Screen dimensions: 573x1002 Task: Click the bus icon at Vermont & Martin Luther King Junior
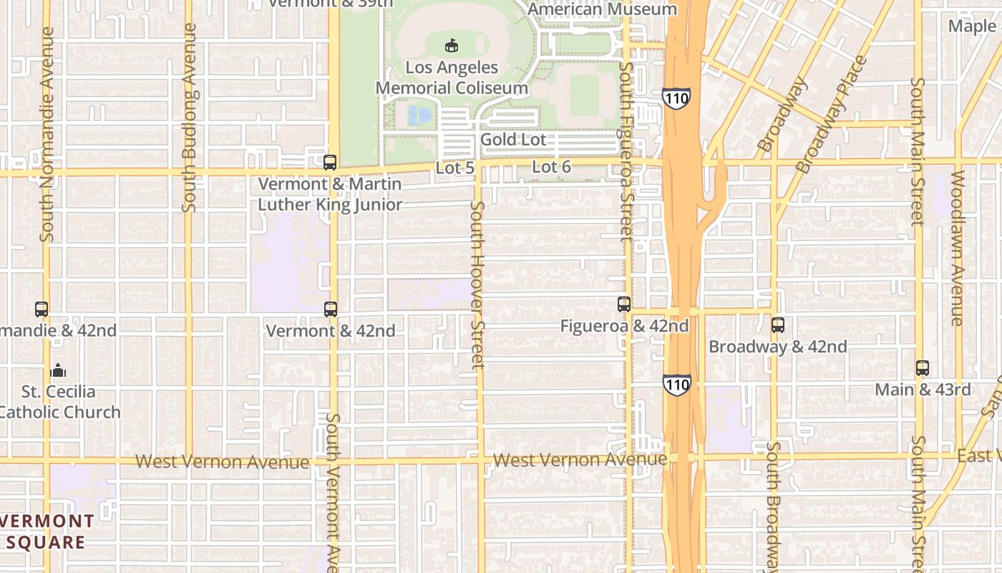[329, 162]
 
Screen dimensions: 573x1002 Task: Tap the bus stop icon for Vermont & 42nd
[330, 309]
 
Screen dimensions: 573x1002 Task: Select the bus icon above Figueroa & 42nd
[623, 304]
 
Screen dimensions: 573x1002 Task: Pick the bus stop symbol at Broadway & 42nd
[777, 325]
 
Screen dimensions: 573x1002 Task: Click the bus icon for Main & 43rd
[923, 368]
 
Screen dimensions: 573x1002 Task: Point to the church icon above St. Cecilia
[58, 370]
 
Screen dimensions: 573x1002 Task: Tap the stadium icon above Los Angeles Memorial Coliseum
[451, 46]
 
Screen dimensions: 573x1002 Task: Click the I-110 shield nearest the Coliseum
[676, 98]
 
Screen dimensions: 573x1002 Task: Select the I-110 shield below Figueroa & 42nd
[676, 385]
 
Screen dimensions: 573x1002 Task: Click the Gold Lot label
[512, 140]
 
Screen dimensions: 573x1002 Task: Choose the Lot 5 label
[454, 168]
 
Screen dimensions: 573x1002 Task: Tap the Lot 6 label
[551, 167]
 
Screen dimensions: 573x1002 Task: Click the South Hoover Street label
[477, 284]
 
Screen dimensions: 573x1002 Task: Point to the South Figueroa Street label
[626, 150]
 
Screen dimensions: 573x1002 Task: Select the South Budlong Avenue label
[190, 118]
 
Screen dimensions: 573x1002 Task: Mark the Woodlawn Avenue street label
[958, 247]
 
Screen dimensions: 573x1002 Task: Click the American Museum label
[602, 9]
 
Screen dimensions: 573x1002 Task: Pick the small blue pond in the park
[419, 114]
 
